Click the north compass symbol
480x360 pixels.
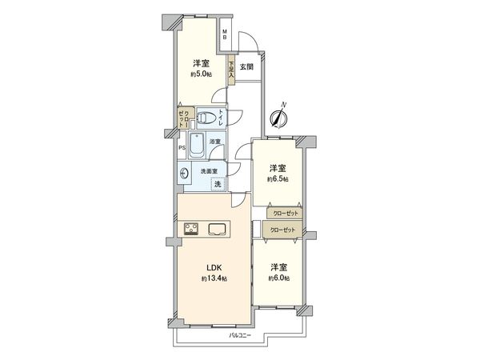click(x=278, y=117)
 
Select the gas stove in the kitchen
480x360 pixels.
click(x=192, y=230)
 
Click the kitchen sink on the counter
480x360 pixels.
click(x=218, y=230)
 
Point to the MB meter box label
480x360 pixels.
click(x=226, y=34)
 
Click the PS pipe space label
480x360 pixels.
click(x=182, y=148)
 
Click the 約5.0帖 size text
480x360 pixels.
click(x=199, y=74)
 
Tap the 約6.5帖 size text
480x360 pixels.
click(x=278, y=180)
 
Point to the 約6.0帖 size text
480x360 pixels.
click(x=278, y=278)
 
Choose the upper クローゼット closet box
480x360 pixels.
click(x=286, y=214)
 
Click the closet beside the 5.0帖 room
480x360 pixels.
click(x=183, y=118)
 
